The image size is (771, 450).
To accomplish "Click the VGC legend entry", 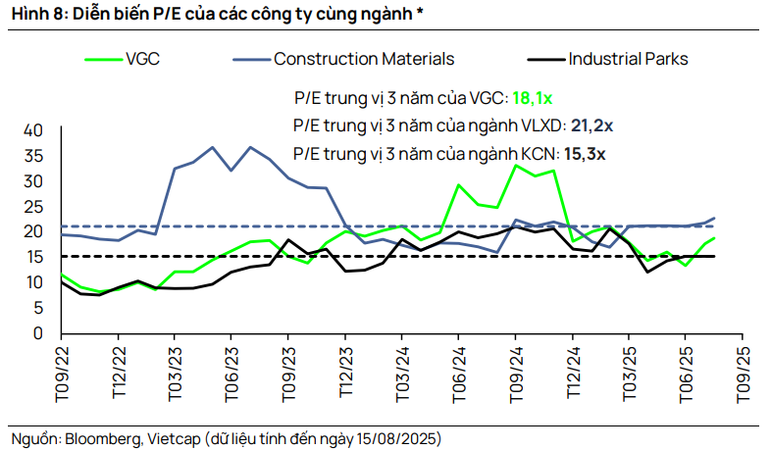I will [x=142, y=59].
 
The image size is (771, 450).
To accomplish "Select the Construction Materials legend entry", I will [x=363, y=59].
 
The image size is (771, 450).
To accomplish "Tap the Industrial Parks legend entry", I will [x=628, y=59].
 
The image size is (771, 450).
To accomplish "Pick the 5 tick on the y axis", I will [x=38, y=308].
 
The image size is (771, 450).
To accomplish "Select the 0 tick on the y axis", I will [x=38, y=333].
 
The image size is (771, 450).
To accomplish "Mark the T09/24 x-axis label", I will [x=516, y=372].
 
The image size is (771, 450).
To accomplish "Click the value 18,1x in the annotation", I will [x=533, y=98].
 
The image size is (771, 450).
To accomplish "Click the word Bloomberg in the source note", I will [x=104, y=436].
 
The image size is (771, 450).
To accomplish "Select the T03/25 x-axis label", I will [x=630, y=372].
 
